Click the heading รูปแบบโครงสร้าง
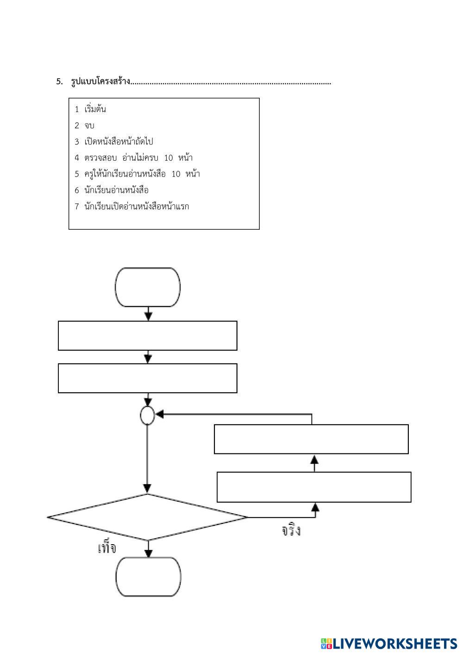pos(100,82)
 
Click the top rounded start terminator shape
pos(148,287)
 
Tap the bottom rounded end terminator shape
pos(148,577)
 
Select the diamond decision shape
pos(148,517)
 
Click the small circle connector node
pos(147,416)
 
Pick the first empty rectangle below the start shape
pos(148,335)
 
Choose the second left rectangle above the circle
pos(148,378)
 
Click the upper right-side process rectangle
pos(311,439)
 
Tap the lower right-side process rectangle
pos(314,487)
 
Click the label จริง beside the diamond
pos(291,530)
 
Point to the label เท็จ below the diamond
pos(107,548)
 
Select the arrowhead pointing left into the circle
pos(159,414)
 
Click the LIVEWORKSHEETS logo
pos(389,643)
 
